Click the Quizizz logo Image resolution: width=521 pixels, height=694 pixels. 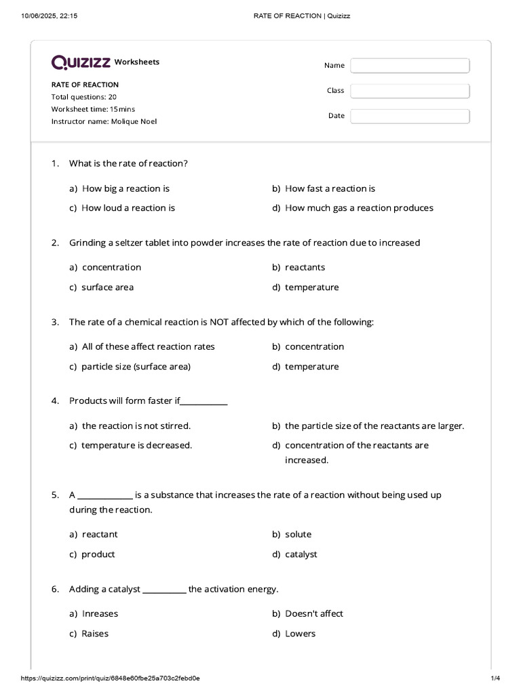click(81, 62)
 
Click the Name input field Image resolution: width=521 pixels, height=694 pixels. click(410, 65)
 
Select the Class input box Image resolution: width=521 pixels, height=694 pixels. click(410, 90)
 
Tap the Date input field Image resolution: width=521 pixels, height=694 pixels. click(410, 116)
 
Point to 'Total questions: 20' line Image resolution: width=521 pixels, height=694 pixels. click(84, 97)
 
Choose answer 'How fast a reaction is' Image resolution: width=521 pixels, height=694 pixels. click(330, 188)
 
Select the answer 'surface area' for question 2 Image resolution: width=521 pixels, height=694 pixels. click(107, 287)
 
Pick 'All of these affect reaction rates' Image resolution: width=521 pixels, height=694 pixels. click(148, 346)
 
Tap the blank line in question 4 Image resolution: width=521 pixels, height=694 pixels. click(204, 402)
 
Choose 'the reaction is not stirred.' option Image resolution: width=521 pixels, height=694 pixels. click(136, 426)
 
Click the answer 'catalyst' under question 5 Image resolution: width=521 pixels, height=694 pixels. click(301, 554)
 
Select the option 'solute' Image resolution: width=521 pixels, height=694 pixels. click(298, 534)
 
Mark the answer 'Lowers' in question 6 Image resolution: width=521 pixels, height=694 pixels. click(300, 634)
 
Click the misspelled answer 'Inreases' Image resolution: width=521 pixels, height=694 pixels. click(100, 613)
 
